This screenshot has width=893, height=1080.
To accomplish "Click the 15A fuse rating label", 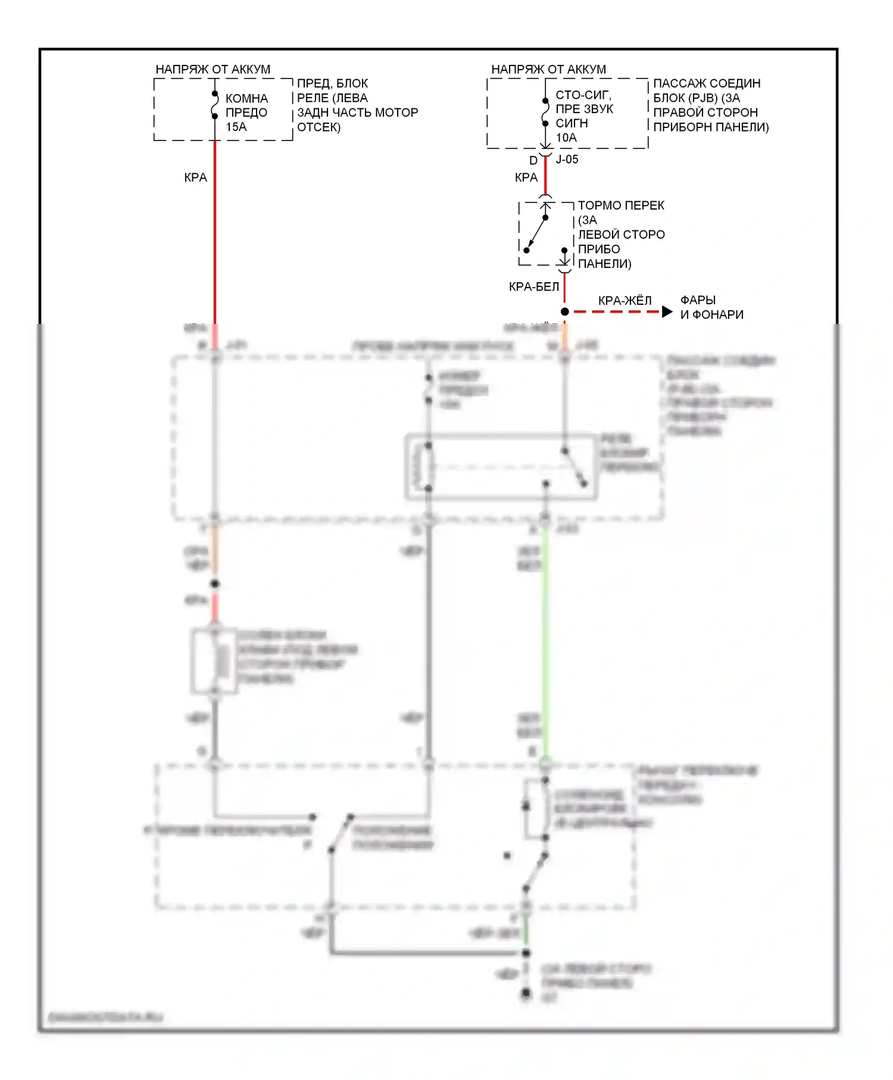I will tap(236, 127).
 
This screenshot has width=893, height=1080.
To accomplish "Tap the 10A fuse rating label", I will tap(566, 138).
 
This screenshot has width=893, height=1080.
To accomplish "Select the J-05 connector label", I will tap(567, 160).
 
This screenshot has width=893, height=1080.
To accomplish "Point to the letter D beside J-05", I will tap(533, 160).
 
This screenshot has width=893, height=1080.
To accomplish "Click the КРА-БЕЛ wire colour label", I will tap(533, 287).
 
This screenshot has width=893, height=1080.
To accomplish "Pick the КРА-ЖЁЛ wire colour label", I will tap(625, 301).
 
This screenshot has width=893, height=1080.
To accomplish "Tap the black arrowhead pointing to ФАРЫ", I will tap(667, 311).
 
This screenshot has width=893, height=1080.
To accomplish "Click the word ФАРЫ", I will tap(698, 300).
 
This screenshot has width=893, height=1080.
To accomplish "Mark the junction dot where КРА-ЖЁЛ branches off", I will tap(564, 311).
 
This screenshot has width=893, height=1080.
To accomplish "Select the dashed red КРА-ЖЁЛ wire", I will tap(616, 311).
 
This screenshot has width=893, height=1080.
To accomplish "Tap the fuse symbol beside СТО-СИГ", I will tap(545, 112).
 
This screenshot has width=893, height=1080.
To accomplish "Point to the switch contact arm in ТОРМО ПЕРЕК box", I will tap(536, 233).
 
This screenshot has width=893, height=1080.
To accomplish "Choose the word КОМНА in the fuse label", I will tap(246, 98).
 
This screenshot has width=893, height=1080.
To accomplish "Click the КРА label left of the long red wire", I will tap(195, 177).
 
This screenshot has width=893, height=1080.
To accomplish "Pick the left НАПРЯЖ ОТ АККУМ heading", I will tap(213, 69).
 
